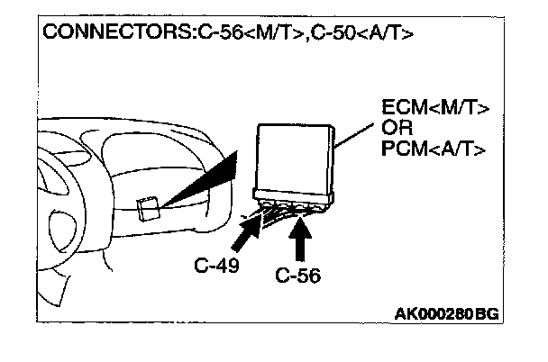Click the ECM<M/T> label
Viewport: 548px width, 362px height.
[435, 112]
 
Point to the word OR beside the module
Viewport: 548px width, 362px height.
[397, 130]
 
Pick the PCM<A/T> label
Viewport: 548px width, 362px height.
[434, 148]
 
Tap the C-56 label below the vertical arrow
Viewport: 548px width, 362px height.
[298, 276]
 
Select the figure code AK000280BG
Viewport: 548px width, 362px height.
[447, 314]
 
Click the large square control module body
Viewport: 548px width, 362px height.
[293, 158]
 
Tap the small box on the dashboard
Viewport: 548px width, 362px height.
[150, 209]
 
